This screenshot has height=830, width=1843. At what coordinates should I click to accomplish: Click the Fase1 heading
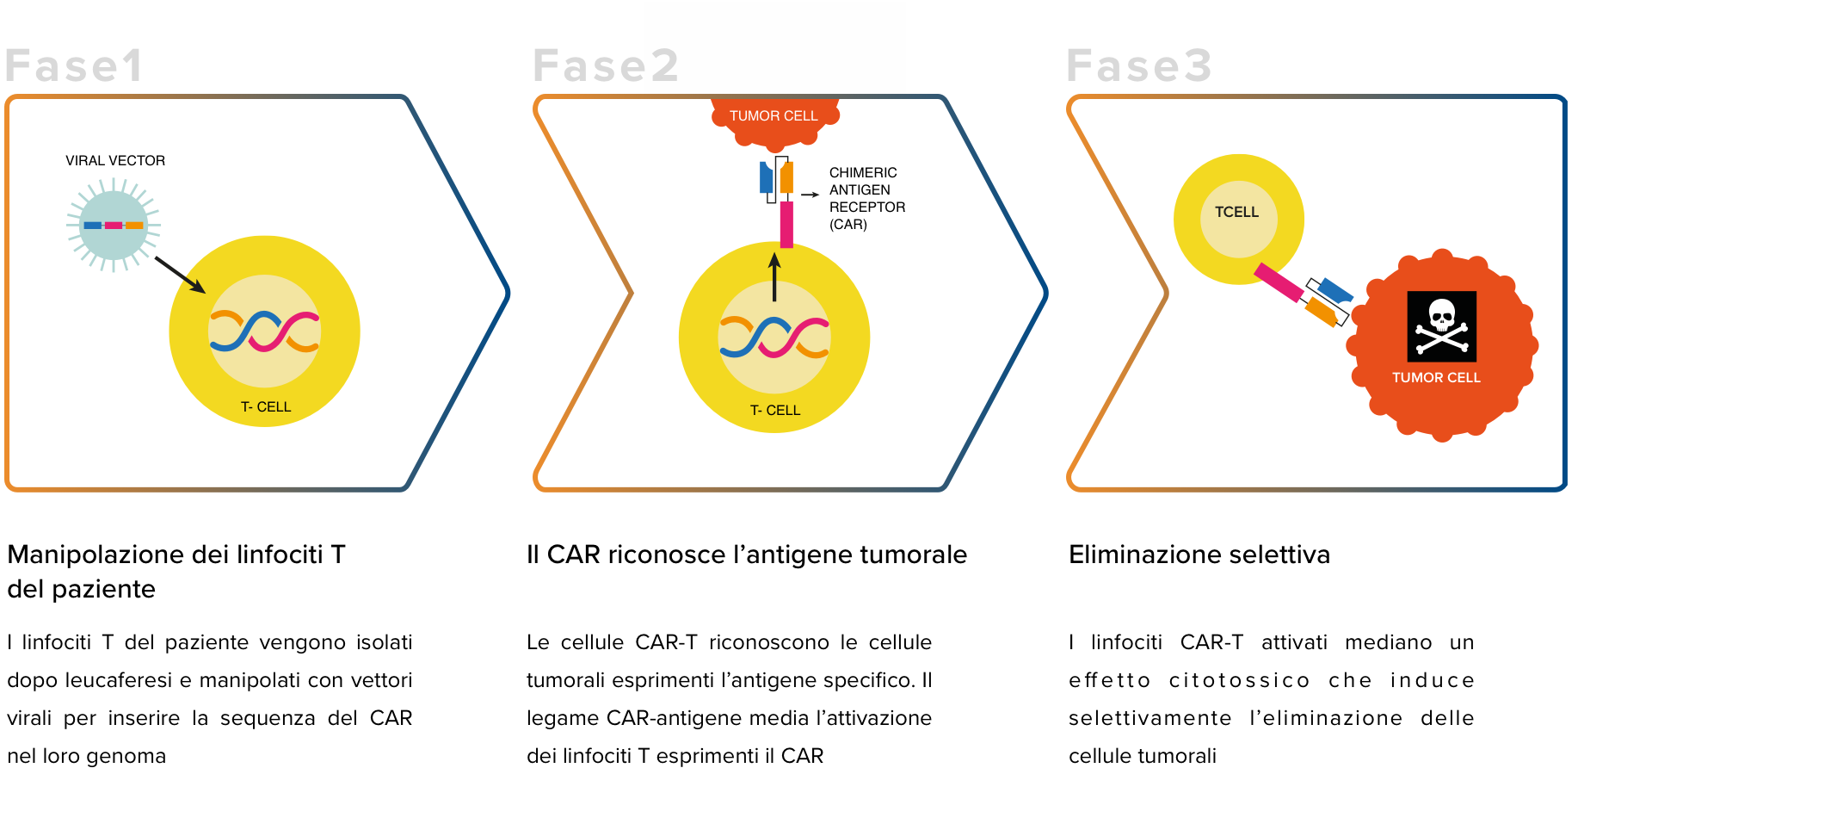point(74,66)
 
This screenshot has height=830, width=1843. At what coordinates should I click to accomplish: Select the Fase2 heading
point(606,66)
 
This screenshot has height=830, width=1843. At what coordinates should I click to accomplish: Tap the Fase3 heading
point(1139,66)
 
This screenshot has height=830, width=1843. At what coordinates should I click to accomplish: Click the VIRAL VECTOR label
point(115,161)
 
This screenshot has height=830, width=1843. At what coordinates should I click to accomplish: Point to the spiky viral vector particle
point(114,225)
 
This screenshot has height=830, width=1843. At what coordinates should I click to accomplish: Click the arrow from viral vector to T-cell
point(181,275)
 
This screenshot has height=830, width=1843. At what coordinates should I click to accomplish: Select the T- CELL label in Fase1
point(266,407)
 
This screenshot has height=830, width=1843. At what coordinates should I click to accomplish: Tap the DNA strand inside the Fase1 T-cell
point(265,331)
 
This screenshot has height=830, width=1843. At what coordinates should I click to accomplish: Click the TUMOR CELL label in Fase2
point(774,116)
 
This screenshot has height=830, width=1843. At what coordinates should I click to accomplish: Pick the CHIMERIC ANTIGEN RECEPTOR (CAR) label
point(867,199)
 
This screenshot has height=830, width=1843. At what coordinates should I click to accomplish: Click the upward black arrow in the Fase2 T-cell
point(774,276)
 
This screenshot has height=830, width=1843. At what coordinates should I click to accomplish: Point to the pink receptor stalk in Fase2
point(786,225)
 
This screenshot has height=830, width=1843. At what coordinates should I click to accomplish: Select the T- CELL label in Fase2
point(775,411)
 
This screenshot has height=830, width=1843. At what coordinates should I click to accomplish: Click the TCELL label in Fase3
point(1236,213)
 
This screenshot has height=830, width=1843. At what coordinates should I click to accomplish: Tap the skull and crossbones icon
point(1442,326)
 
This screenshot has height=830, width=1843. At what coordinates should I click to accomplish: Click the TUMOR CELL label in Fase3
point(1436,378)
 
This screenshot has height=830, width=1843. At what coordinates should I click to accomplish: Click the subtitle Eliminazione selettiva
point(1199,554)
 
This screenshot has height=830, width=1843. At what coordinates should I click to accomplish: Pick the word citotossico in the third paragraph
point(1239,680)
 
